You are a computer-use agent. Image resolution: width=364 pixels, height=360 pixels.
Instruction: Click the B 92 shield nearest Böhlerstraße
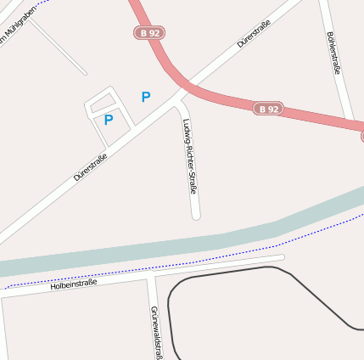tap(269, 109)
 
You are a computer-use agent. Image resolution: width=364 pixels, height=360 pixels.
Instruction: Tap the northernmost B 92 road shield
tap(148, 32)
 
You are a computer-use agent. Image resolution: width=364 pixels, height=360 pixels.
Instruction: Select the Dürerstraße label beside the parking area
tap(91, 166)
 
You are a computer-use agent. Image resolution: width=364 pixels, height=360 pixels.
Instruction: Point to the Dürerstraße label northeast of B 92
tap(254, 33)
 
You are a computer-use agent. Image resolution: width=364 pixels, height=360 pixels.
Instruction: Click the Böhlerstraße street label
tap(333, 53)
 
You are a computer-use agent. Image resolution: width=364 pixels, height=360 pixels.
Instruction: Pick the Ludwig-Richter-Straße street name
tap(189, 156)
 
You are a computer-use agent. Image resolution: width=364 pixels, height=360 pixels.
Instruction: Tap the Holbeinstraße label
tap(74, 284)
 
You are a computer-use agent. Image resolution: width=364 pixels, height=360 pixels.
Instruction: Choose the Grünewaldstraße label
tap(155, 332)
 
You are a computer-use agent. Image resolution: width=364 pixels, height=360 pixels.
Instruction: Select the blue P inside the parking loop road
tap(109, 121)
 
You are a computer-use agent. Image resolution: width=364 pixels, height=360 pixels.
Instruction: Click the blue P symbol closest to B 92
tap(146, 98)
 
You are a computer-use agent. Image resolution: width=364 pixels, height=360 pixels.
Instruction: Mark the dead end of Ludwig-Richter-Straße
tap(196, 216)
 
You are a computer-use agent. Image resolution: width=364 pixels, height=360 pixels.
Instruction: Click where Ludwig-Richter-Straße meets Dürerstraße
tap(176, 98)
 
